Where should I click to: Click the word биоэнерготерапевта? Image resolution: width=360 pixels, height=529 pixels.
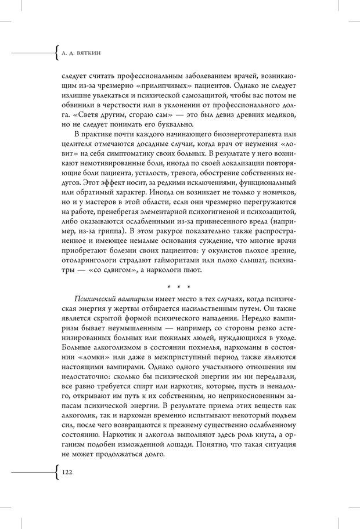click(232, 143)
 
